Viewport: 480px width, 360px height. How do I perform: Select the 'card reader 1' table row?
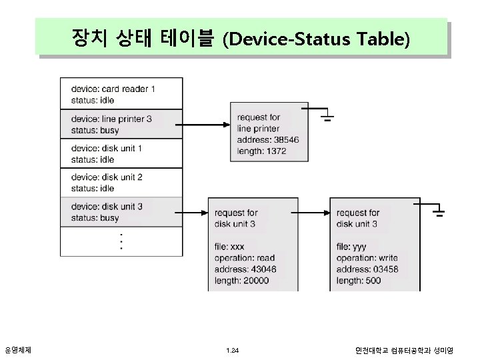tap(121, 94)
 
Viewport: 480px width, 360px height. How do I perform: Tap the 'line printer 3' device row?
tap(121, 124)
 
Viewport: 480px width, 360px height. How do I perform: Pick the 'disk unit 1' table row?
tap(121, 153)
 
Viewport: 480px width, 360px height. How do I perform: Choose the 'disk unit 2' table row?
tap(121, 183)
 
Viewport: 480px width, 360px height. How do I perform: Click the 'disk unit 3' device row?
tap(121, 212)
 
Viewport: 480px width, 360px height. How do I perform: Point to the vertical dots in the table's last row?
tap(121, 241)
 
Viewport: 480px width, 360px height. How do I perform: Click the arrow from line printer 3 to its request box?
tap(205, 125)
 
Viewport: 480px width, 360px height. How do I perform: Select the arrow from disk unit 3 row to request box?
tap(195, 213)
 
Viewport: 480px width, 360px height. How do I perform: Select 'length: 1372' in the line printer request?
tap(262, 152)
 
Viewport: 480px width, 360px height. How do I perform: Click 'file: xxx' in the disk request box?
tap(230, 247)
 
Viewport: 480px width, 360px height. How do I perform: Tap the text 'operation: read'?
tap(245, 257)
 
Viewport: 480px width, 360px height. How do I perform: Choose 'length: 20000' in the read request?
tap(242, 281)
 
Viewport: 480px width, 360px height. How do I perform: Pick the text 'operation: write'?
tap(367, 257)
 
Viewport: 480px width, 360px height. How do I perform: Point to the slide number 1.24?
tap(232, 349)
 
